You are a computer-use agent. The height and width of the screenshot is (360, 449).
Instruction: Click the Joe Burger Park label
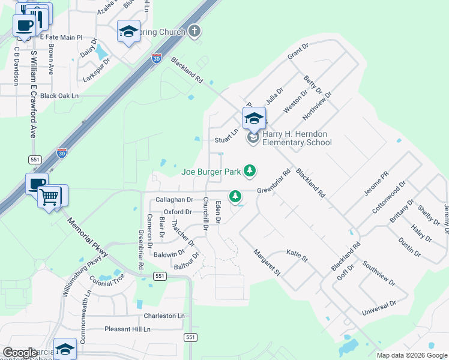[211, 172]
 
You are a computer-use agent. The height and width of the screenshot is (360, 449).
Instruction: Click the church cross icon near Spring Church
[194, 31]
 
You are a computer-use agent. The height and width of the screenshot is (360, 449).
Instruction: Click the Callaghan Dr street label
[174, 200]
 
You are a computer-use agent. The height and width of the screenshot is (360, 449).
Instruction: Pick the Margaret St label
[267, 262]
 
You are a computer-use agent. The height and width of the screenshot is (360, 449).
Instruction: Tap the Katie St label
[297, 256]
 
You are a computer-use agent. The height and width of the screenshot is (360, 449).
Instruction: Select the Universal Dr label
[379, 309]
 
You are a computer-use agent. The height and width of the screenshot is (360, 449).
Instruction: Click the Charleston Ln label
[164, 316]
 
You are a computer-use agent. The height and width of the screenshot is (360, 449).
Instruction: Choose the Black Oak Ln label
[60, 95]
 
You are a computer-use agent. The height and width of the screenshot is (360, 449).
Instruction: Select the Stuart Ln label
[227, 140]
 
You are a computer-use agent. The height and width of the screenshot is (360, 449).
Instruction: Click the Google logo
[20, 353]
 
